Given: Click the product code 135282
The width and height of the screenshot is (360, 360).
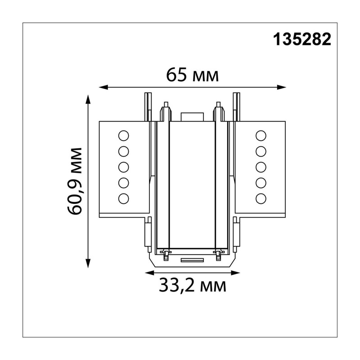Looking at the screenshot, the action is (x=302, y=39).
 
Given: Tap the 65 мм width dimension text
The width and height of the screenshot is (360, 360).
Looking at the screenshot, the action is (x=193, y=75).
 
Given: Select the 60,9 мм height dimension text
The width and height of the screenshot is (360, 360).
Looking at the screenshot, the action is (x=75, y=181).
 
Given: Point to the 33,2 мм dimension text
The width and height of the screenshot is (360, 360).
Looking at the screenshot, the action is (x=193, y=285).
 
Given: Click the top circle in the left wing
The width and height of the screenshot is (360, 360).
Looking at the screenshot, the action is (x=123, y=136).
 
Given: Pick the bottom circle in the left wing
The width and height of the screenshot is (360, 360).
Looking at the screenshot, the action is (x=123, y=198).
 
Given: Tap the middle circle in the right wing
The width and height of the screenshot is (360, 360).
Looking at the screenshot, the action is (x=261, y=167).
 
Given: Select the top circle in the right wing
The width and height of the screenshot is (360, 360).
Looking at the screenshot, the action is (x=261, y=136).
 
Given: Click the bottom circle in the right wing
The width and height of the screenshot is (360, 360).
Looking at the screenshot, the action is (x=261, y=198).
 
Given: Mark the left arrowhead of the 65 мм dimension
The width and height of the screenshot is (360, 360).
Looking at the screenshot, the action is (x=103, y=87).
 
